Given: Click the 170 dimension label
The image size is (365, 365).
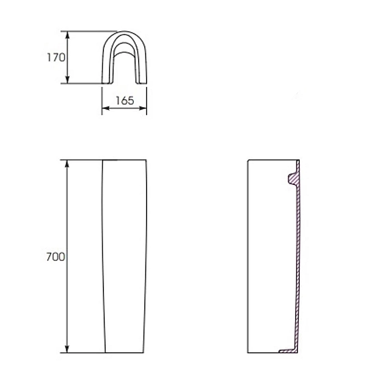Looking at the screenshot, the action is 56,57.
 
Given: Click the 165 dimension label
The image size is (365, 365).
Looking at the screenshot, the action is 125,100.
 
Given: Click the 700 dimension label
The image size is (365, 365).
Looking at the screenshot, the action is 55,257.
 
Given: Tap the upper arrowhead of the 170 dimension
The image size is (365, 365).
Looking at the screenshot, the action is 68,35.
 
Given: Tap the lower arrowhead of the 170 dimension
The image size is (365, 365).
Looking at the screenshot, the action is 68,79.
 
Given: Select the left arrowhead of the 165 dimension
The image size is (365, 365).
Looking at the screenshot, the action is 106,108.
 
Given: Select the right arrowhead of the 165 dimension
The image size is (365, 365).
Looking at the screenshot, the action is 143,108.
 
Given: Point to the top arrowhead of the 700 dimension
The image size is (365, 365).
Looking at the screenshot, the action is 68,164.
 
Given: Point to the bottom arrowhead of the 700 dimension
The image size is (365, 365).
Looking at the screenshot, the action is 68,349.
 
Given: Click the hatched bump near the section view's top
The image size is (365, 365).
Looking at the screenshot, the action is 293,179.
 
